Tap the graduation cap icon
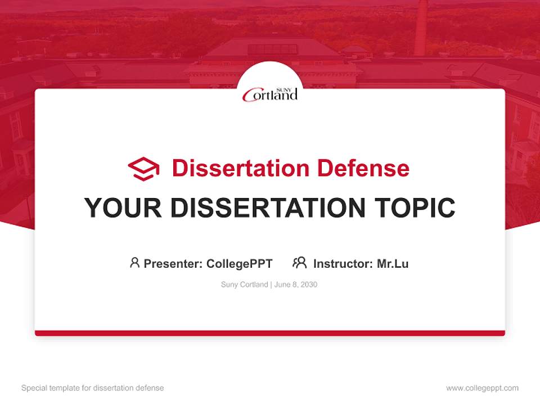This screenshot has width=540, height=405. click(143, 169)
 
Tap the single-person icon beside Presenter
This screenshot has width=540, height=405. click(134, 263)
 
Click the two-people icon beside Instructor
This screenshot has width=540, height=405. click(299, 263)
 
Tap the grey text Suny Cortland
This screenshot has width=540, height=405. click(244, 285)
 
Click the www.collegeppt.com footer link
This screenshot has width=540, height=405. click(482, 388)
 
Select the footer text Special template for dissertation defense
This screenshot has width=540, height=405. click(92, 388)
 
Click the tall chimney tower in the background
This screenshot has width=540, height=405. click(421, 28)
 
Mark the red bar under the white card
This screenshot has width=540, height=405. click(270, 333)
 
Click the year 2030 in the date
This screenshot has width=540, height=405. click(309, 285)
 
